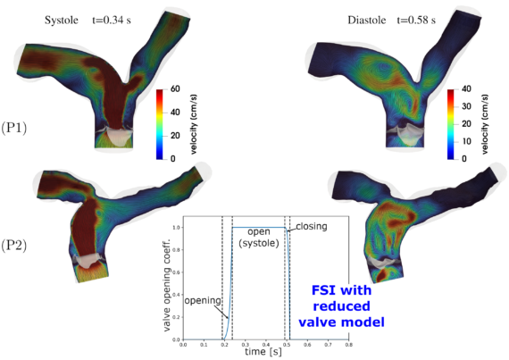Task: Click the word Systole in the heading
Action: coord(62,21)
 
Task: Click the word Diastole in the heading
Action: coord(367,21)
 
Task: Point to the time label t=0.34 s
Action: coord(112,21)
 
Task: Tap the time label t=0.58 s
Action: coord(416,21)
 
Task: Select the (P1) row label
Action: coord(14,129)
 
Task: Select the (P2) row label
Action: coord(14,246)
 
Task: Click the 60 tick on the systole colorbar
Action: coord(175,88)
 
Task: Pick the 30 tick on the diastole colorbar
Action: coord(466,106)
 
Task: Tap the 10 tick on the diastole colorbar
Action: coord(466,141)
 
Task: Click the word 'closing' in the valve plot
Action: coord(312,226)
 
